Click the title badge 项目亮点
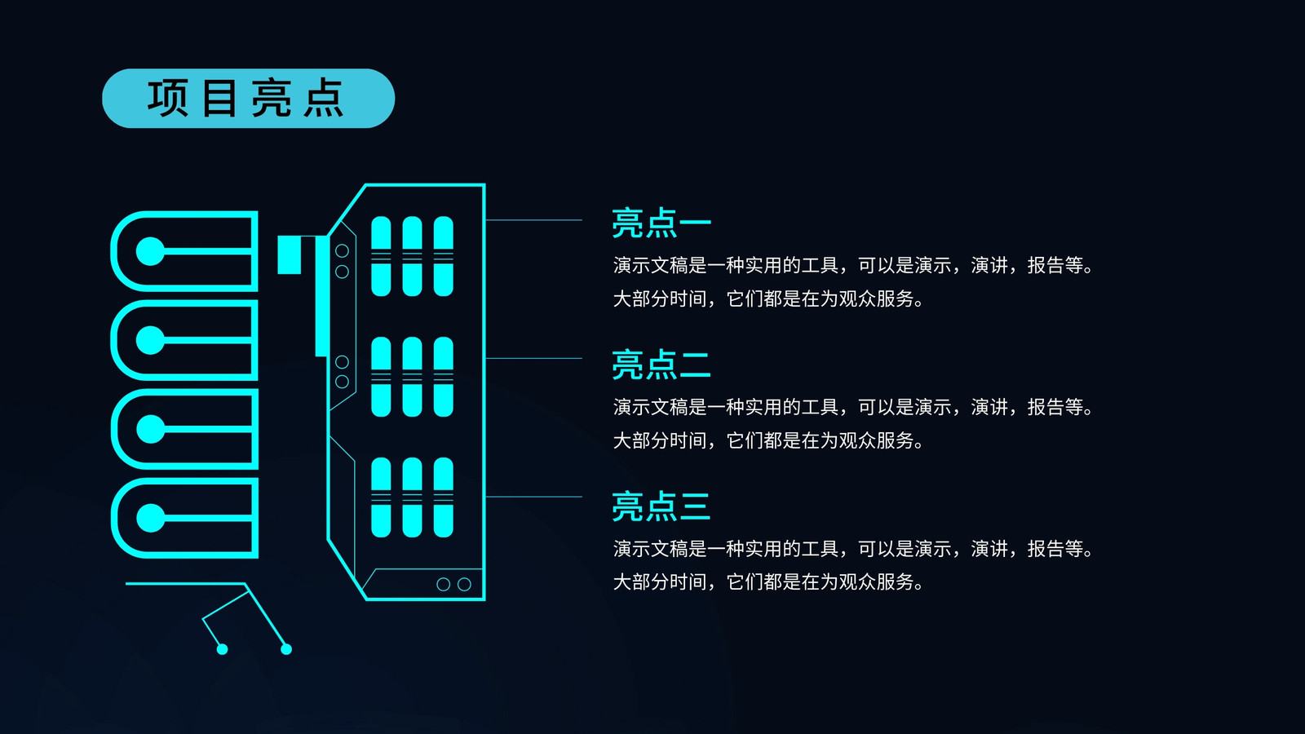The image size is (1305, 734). (248, 99)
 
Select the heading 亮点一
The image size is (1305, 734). (661, 223)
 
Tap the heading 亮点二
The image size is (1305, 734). (661, 365)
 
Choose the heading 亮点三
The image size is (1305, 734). (661, 506)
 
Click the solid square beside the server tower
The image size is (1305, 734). (289, 254)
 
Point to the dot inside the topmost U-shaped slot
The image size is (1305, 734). (150, 251)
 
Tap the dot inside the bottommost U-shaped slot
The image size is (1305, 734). (150, 518)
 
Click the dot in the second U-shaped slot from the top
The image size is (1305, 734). (150, 340)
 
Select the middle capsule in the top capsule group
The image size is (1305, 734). (412, 256)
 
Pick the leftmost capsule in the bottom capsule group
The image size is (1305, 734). (381, 497)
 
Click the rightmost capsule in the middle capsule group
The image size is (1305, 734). (444, 377)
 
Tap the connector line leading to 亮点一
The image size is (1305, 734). (533, 220)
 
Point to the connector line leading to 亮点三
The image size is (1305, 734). (533, 497)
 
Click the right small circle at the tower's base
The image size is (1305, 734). (464, 584)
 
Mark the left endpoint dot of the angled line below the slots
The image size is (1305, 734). (222, 649)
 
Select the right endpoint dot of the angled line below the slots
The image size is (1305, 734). (286, 649)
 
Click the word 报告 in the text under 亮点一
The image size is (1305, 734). (1046, 266)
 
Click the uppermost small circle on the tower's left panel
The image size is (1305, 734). (342, 251)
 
